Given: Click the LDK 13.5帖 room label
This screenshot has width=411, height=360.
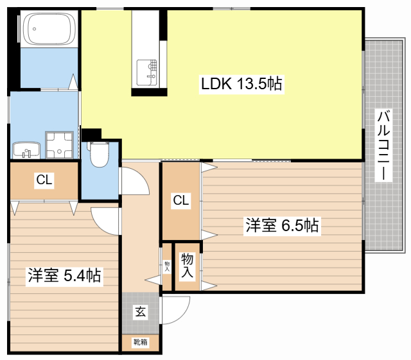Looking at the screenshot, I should [241, 83].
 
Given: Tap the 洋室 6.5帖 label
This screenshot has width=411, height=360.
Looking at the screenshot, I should [282, 225].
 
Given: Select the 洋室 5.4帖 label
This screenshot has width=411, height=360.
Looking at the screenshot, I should [64, 276].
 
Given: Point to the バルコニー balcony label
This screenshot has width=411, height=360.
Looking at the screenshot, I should [383, 146].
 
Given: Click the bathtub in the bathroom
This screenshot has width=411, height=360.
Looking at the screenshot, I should [49, 30].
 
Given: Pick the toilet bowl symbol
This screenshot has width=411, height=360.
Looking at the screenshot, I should [99, 155].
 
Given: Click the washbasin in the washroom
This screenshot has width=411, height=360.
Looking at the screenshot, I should [26, 150].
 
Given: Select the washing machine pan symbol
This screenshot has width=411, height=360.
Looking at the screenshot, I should [61, 144].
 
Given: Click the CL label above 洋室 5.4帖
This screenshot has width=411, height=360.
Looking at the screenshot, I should [44, 180].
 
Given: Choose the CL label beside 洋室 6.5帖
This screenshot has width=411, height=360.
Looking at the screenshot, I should [180, 201].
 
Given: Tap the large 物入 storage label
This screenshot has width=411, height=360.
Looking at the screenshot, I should [187, 265].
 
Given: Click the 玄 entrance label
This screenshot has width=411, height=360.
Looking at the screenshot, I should [140, 312].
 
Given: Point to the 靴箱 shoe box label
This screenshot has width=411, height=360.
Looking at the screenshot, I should [140, 342].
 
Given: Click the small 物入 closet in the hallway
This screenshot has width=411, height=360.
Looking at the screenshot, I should [167, 265].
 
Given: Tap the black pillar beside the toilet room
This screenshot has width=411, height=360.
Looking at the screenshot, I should [91, 135].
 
